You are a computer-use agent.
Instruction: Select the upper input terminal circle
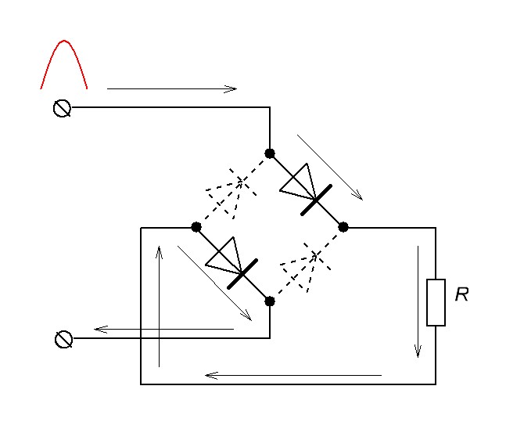click(63, 109)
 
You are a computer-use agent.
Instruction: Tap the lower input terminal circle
click(63, 339)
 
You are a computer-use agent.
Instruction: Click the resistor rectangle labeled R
click(436, 301)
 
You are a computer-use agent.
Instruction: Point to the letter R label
click(461, 295)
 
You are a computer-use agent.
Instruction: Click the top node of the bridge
click(270, 153)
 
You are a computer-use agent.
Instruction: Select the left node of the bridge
click(196, 227)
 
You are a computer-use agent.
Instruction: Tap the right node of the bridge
click(343, 227)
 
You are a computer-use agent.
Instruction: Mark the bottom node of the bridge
click(270, 301)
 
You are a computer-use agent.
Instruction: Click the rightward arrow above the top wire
click(171, 89)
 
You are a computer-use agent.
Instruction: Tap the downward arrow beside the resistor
click(418, 301)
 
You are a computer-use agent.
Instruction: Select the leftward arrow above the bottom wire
click(293, 376)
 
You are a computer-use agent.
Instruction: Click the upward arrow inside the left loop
click(160, 306)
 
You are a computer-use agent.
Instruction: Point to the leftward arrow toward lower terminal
click(164, 329)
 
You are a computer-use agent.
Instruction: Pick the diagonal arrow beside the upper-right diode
click(329, 166)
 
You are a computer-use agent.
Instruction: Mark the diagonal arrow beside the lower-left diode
click(215, 283)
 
